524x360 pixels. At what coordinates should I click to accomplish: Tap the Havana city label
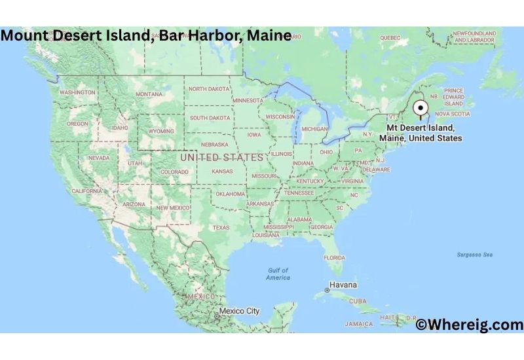tap(343, 285)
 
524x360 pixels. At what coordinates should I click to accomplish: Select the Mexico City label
tap(239, 311)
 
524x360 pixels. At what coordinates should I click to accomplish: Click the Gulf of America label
tap(278, 274)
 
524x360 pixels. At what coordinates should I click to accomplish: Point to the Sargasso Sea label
tap(474, 254)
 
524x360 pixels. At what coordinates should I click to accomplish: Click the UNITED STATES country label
tap(222, 158)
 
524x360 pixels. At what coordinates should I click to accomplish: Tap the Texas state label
tap(221, 227)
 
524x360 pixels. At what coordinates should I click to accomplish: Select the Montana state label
tap(149, 94)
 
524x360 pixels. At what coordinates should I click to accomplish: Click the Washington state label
tap(77, 93)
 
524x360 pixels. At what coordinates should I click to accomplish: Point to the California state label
tap(86, 190)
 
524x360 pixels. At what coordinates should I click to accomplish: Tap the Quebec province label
tap(390, 38)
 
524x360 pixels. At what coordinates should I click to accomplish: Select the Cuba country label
tap(358, 301)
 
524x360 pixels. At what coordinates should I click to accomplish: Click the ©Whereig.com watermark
tap(469, 324)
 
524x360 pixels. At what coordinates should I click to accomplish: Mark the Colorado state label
tap(174, 172)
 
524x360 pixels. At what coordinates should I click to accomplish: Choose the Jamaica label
tap(359, 323)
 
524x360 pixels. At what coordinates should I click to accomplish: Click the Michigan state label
tap(314, 129)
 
